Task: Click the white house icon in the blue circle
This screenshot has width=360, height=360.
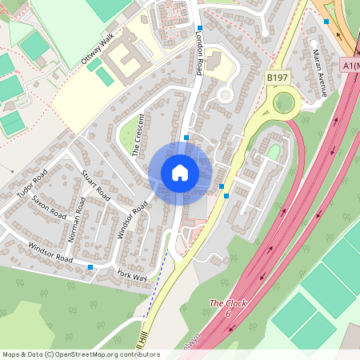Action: pyautogui.click(x=180, y=173)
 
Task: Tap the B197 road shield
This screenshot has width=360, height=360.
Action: pyautogui.click(x=277, y=77)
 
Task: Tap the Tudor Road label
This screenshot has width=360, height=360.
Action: pyautogui.click(x=33, y=184)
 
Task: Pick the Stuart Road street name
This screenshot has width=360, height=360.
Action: pyautogui.click(x=95, y=184)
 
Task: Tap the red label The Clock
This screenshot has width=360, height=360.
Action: pyautogui.click(x=228, y=303)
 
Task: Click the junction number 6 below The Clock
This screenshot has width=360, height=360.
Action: pyautogui.click(x=228, y=314)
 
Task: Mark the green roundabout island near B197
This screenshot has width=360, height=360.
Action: pyautogui.click(x=283, y=102)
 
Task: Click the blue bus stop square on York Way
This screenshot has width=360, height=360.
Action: pyautogui.click(x=90, y=266)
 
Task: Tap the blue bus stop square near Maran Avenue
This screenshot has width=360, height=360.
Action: pyautogui.click(x=326, y=22)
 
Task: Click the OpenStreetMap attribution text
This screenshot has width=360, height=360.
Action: pyautogui.click(x=80, y=354)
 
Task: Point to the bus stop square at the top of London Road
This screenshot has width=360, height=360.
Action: pyautogui.click(x=200, y=28)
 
